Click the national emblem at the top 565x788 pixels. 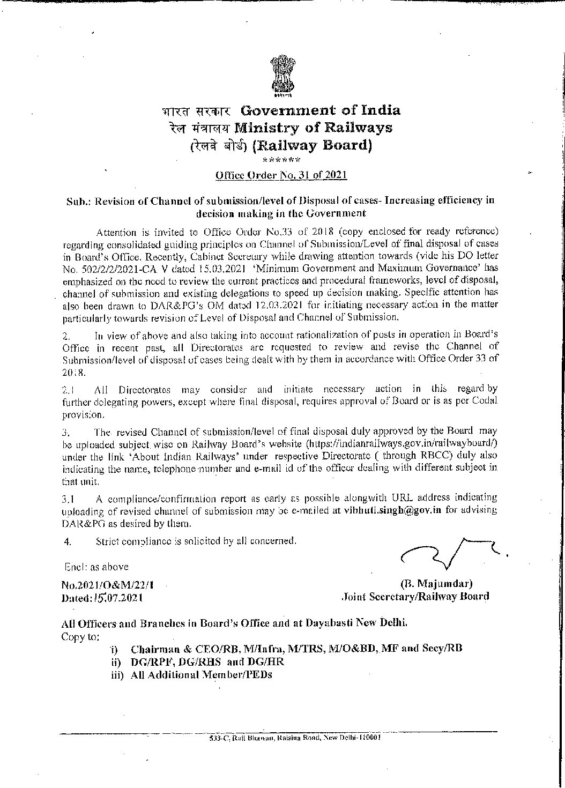tap(282, 78)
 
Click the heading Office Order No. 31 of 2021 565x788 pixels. tap(281, 175)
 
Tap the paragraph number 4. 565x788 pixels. tap(67, 541)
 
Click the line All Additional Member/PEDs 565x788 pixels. tap(201, 674)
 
